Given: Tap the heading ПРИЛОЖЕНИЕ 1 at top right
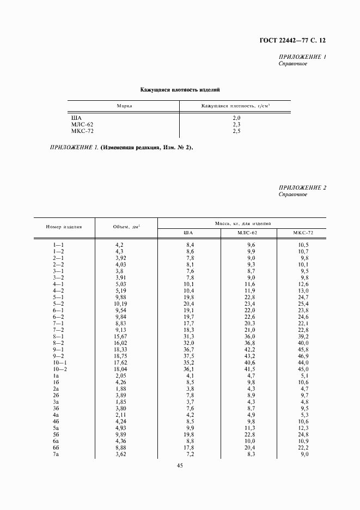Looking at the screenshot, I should point(302,57).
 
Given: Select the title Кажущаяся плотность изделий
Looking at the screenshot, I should point(180,89).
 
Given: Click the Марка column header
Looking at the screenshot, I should point(125,106).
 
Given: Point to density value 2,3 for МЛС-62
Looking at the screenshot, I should point(236,125).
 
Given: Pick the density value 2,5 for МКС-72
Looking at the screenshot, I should point(236,131).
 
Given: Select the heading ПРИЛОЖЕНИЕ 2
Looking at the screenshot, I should point(302,188).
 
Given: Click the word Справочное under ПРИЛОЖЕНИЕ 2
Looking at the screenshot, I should point(292,195).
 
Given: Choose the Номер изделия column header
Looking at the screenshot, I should point(64,227).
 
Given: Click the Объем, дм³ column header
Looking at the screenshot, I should point(126,227).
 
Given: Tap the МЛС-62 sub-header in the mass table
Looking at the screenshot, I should point(249,233).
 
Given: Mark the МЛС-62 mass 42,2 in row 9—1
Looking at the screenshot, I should point(248,349).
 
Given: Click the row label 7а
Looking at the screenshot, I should point(56,454).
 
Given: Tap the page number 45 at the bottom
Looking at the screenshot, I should point(180,481).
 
